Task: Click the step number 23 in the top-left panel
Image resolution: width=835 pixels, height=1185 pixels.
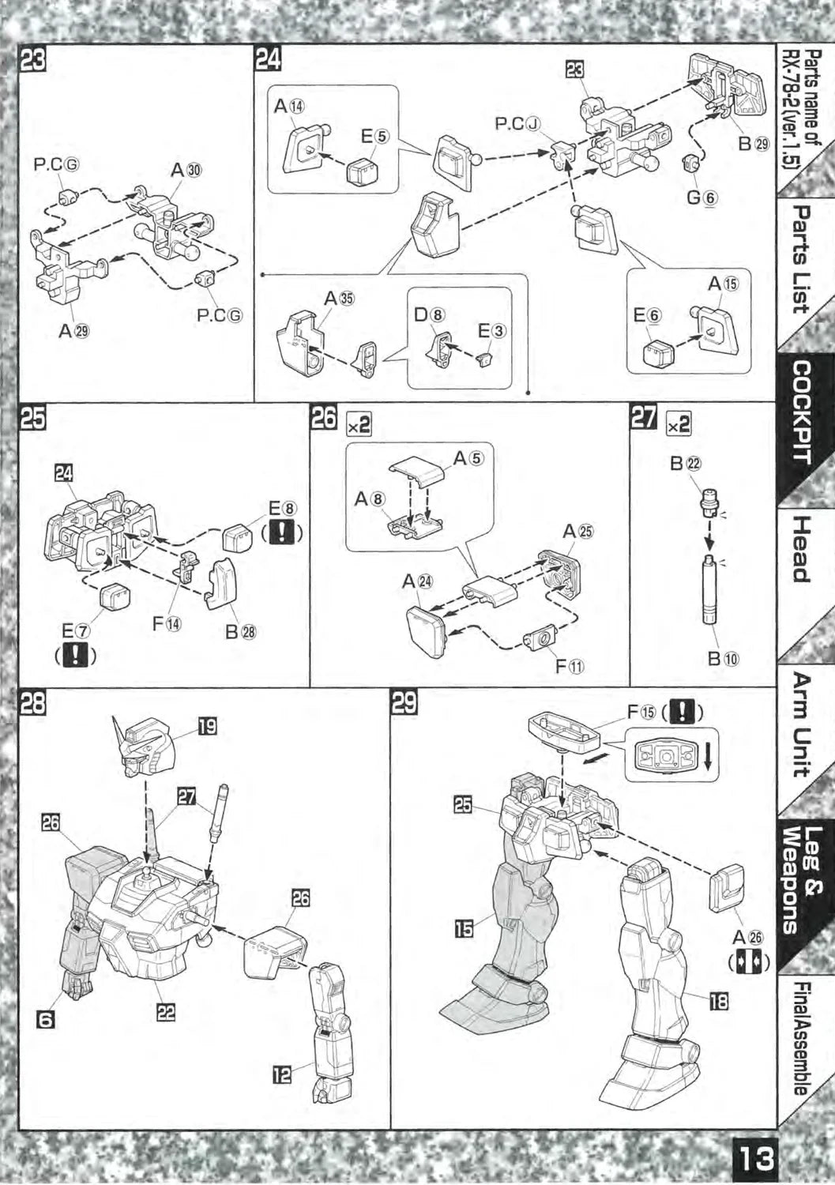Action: click(33, 61)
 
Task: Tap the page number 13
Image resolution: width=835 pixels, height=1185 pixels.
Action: click(756, 1160)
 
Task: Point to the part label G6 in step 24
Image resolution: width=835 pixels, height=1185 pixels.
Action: click(701, 197)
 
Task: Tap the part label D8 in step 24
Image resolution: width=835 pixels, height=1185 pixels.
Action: click(430, 314)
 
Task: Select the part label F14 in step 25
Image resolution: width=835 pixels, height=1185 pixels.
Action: click(167, 623)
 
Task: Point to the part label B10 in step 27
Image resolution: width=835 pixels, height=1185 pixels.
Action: click(715, 657)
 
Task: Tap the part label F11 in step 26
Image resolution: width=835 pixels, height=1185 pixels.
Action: click(570, 667)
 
